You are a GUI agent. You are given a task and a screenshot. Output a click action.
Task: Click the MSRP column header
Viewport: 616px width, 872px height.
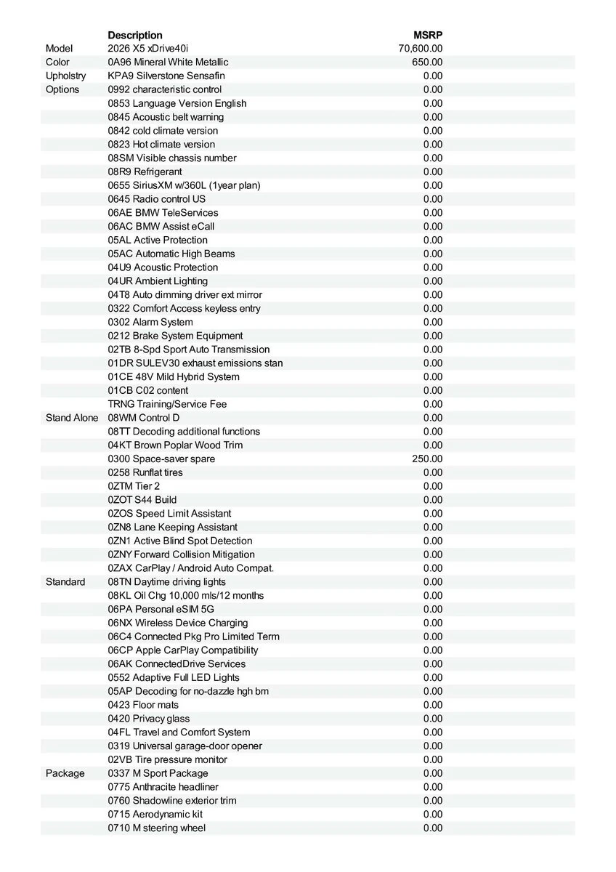tap(428, 35)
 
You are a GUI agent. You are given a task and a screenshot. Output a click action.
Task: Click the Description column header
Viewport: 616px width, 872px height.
tap(135, 35)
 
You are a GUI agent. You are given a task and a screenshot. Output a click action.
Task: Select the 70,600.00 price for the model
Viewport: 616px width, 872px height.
tap(421, 49)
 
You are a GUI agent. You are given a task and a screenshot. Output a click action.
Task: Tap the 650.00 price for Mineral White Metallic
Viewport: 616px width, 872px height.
tap(427, 62)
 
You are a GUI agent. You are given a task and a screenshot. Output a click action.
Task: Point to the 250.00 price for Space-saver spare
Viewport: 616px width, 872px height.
tap(427, 459)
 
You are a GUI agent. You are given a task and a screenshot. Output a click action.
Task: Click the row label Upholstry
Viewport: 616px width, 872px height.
tap(65, 76)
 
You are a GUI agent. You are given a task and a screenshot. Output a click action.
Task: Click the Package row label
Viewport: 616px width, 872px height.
tap(65, 773)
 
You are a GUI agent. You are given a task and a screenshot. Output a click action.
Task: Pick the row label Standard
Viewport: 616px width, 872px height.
tap(65, 582)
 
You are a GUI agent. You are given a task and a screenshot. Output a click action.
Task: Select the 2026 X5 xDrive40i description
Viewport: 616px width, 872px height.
tap(147, 49)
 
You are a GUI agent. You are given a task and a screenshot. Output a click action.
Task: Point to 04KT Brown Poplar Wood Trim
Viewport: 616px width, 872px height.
tap(175, 445)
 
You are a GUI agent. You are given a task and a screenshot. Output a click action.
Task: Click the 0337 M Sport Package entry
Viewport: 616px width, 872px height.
tap(158, 773)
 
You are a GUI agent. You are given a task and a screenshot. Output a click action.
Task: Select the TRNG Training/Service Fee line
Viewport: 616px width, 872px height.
tap(167, 404)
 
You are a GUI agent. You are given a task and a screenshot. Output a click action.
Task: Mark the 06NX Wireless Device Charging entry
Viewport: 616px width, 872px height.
tap(178, 623)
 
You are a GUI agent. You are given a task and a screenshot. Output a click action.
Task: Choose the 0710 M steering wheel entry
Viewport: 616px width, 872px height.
tap(156, 828)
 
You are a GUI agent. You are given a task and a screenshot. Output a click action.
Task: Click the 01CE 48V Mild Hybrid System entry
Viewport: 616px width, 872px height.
tap(174, 377)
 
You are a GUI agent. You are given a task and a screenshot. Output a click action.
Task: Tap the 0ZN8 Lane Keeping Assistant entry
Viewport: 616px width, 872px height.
tap(172, 528)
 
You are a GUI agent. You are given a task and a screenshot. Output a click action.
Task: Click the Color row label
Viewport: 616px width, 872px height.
tap(57, 62)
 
